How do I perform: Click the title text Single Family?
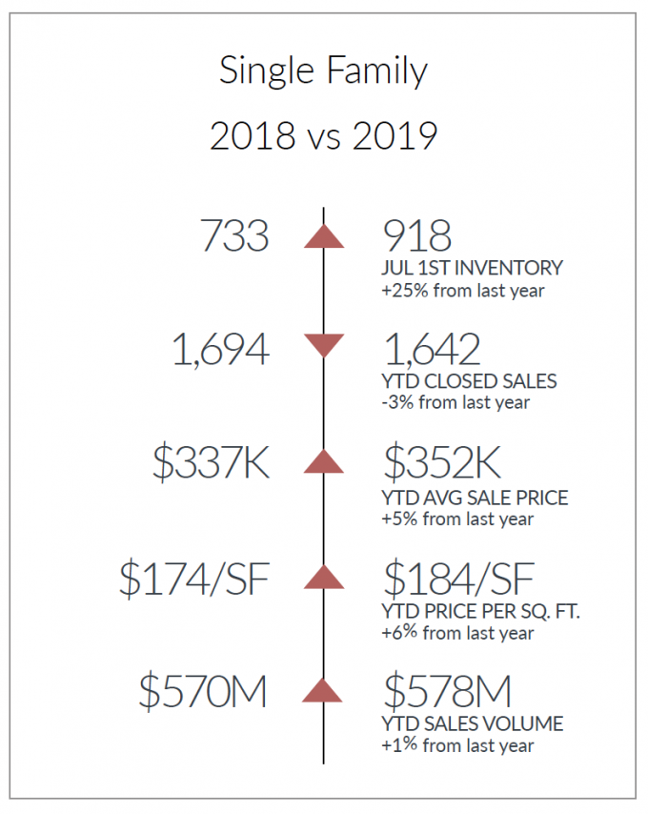tap(323, 71)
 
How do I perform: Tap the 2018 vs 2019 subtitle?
tap(324, 136)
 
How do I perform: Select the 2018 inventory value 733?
tap(235, 235)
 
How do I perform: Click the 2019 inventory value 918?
tap(417, 235)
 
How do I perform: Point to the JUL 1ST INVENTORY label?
tap(472, 268)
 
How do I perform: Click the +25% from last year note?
tap(463, 291)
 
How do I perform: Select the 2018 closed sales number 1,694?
tap(221, 350)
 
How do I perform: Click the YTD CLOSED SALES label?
tap(469, 381)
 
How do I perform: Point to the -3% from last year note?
tap(456, 402)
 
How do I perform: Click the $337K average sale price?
tap(212, 462)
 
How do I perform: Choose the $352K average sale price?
tap(442, 462)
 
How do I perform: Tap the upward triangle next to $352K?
tap(324, 461)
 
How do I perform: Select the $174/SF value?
tap(194, 579)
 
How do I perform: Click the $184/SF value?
tap(459, 579)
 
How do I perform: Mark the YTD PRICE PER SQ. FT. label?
tap(480, 612)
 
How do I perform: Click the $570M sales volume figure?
tap(203, 691)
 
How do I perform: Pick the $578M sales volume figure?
tap(448, 690)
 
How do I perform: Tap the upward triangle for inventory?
tap(324, 236)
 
